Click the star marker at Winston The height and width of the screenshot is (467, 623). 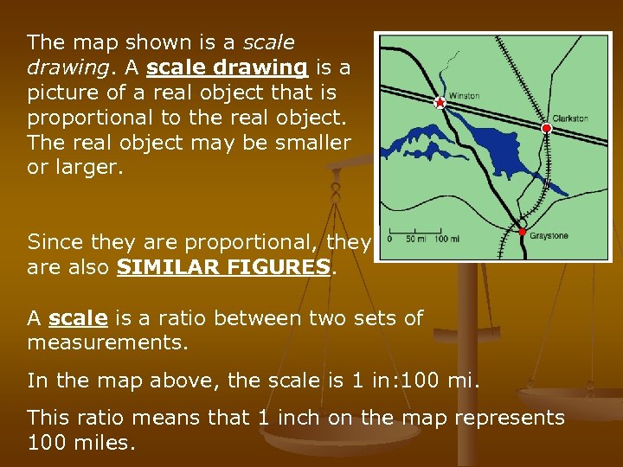click(x=440, y=103)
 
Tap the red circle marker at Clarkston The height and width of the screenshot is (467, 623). click(x=546, y=129)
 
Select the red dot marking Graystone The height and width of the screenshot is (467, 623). click(x=522, y=232)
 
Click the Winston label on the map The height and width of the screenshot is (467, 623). click(x=464, y=96)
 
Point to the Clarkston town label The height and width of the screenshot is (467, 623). click(x=570, y=118)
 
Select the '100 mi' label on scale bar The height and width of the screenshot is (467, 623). click(x=447, y=238)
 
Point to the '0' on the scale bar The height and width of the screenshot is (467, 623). click(x=390, y=238)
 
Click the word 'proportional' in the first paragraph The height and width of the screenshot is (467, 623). click(x=81, y=117)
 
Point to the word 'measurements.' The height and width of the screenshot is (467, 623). click(x=107, y=342)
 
